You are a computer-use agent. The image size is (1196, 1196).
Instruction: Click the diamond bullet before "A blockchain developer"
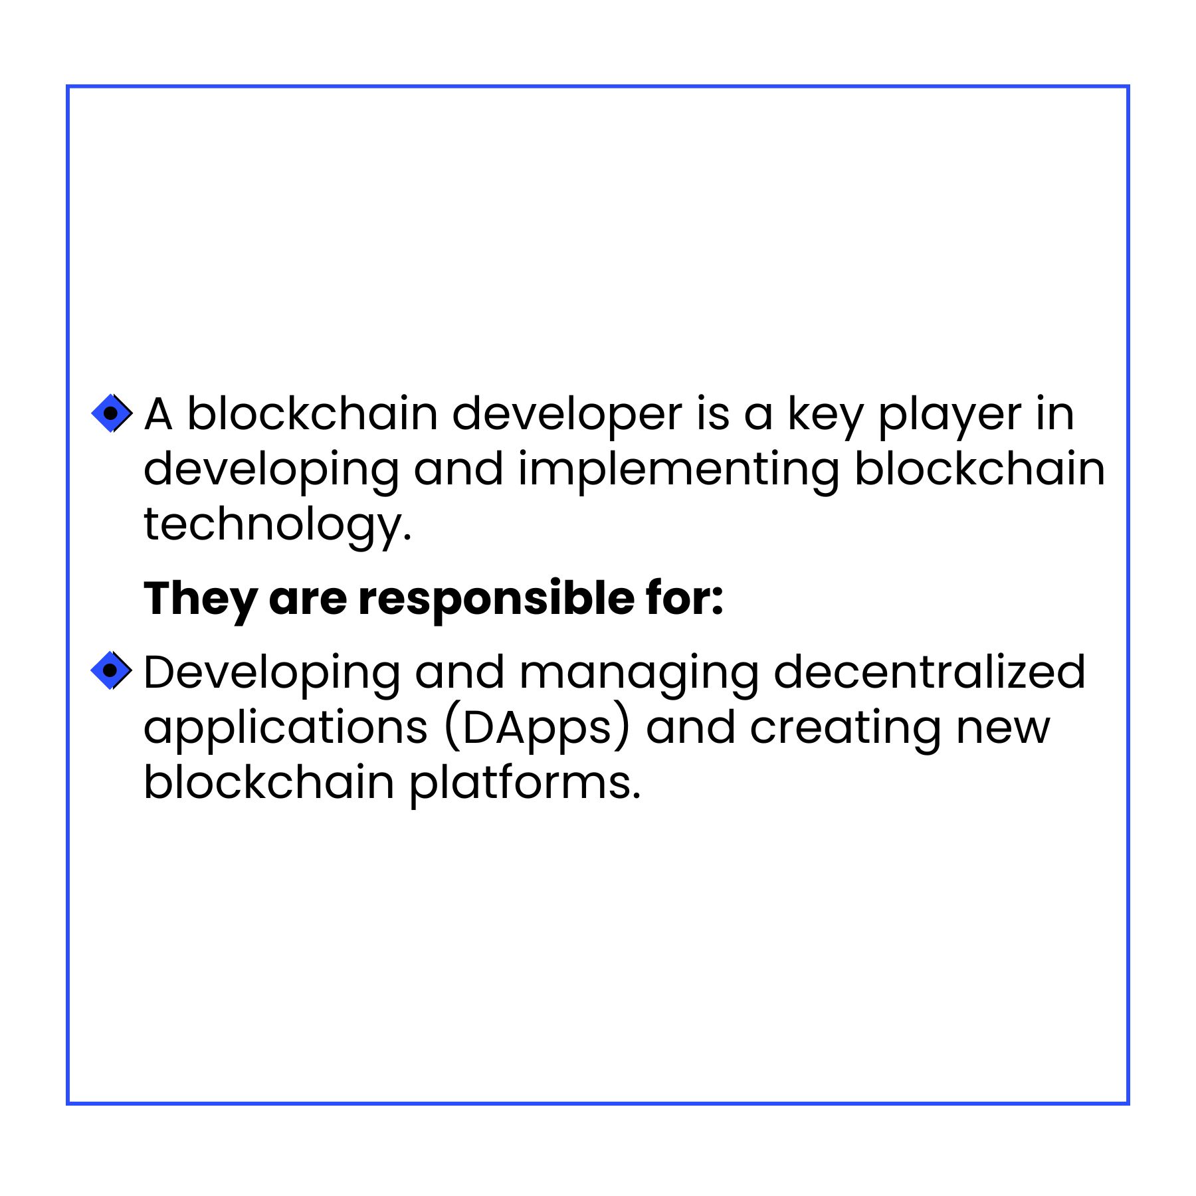click(x=111, y=413)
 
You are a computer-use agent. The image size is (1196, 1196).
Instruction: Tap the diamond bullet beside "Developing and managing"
click(x=111, y=670)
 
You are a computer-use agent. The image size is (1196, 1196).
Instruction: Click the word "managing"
click(x=639, y=675)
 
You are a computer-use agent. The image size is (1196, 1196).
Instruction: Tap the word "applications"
click(x=286, y=730)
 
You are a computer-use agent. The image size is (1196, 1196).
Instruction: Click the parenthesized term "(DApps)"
click(x=537, y=730)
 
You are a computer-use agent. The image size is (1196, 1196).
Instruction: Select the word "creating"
click(x=845, y=730)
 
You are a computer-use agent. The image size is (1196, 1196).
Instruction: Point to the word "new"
click(x=1003, y=729)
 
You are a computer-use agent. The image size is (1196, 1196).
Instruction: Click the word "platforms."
click(x=525, y=785)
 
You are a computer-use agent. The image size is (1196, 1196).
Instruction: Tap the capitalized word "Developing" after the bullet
click(x=272, y=675)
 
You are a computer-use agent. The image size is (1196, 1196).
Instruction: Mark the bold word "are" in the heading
click(x=308, y=600)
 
